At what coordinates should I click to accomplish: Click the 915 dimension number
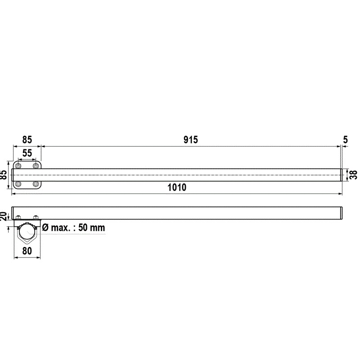click(191, 139)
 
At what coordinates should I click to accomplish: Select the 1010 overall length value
click(177, 188)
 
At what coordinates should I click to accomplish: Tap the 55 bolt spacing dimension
click(27, 153)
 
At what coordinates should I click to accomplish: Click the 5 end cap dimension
click(345, 139)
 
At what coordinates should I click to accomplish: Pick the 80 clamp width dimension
click(27, 251)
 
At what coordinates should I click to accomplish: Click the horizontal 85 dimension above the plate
click(27, 139)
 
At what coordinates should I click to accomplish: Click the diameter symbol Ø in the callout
click(45, 228)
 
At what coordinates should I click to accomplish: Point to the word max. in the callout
click(61, 228)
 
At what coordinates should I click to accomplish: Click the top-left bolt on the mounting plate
click(18, 166)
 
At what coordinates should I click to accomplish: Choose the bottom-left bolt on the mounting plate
click(18, 184)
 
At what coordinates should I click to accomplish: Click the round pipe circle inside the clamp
click(27, 232)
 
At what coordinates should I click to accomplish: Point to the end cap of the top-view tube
click(342, 175)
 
